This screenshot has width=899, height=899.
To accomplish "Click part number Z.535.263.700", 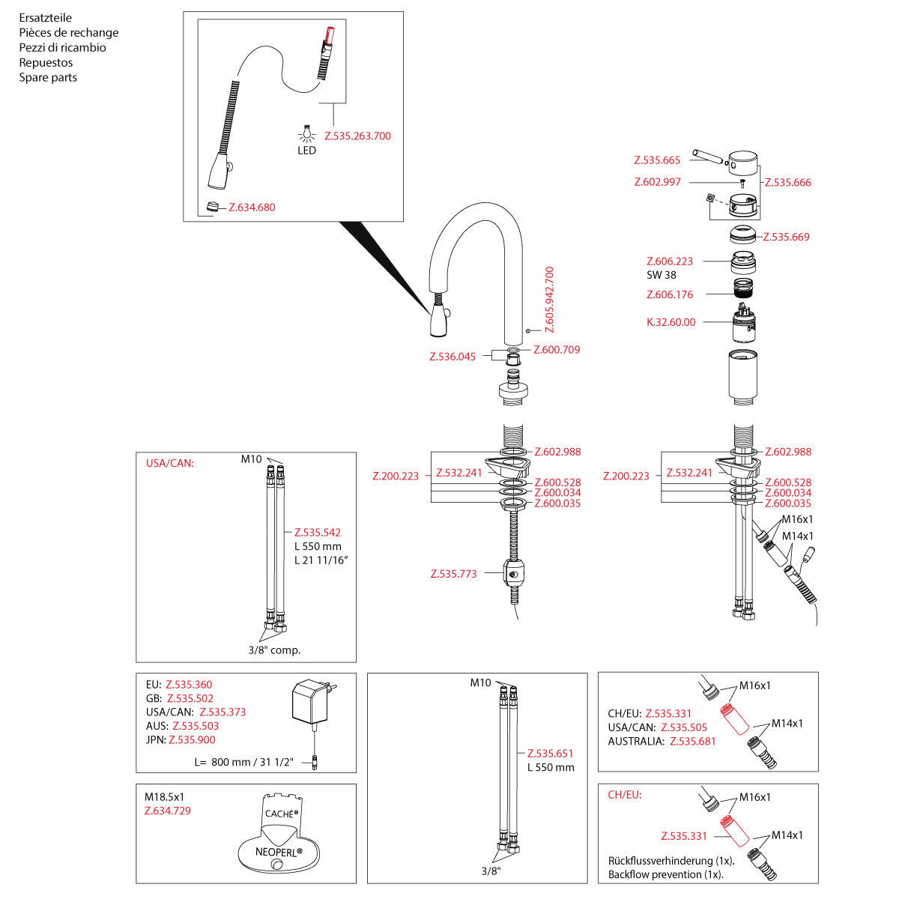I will (x=357, y=136).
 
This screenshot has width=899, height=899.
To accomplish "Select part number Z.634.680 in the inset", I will (x=252, y=208).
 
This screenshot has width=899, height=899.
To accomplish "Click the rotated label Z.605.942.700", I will (x=549, y=299).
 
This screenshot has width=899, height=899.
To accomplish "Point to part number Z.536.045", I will (x=452, y=357).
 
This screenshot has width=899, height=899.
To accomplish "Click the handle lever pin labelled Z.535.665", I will (x=706, y=157).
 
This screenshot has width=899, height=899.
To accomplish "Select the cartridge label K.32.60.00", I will (x=671, y=322).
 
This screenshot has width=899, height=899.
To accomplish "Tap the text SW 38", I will (x=661, y=275).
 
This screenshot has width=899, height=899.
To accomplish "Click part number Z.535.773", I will (x=453, y=575).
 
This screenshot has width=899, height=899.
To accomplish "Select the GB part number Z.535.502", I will (x=190, y=698).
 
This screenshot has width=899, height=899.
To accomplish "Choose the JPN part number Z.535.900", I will (x=192, y=739).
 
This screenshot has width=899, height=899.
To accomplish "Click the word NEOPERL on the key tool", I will (x=279, y=852).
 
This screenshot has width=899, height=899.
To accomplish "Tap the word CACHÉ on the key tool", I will (x=282, y=813).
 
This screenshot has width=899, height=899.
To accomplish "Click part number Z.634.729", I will (x=168, y=811).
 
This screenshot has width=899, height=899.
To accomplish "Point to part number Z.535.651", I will (x=550, y=754).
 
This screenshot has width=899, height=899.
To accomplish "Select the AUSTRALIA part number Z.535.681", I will (x=693, y=741).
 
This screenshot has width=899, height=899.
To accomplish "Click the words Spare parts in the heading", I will (x=48, y=77).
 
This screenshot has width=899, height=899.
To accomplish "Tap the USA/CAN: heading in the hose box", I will (x=170, y=463).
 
